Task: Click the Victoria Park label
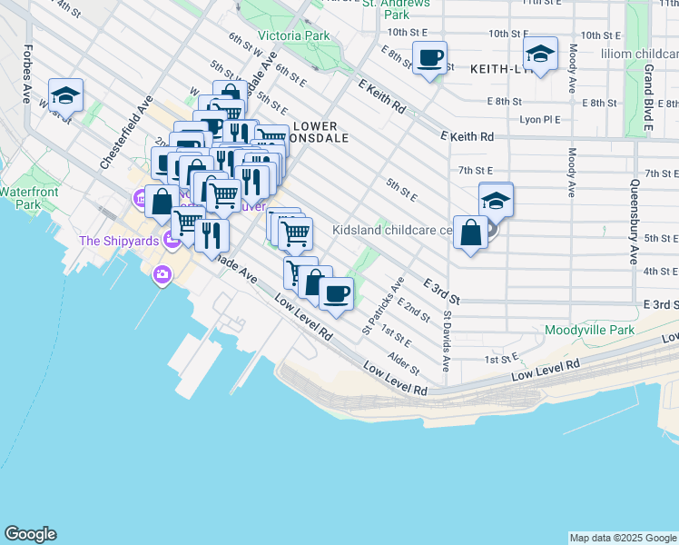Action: (x=293, y=36)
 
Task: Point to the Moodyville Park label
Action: (x=589, y=331)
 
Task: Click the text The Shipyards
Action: (x=118, y=241)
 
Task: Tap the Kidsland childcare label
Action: (x=392, y=230)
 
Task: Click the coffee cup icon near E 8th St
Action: (x=430, y=59)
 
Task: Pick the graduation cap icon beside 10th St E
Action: (x=540, y=55)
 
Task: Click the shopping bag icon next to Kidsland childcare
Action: (x=470, y=233)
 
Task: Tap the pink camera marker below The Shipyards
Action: (x=162, y=274)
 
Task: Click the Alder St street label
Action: (x=404, y=365)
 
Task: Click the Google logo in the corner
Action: (x=30, y=534)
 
